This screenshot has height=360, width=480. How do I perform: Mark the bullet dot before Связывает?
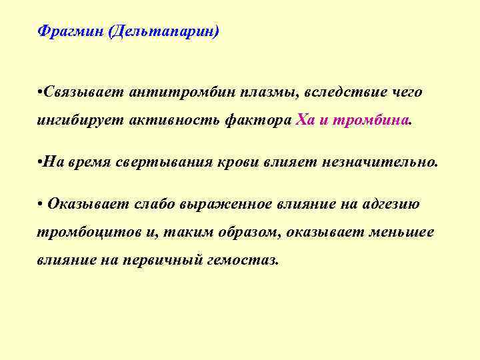[x=41, y=91]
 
